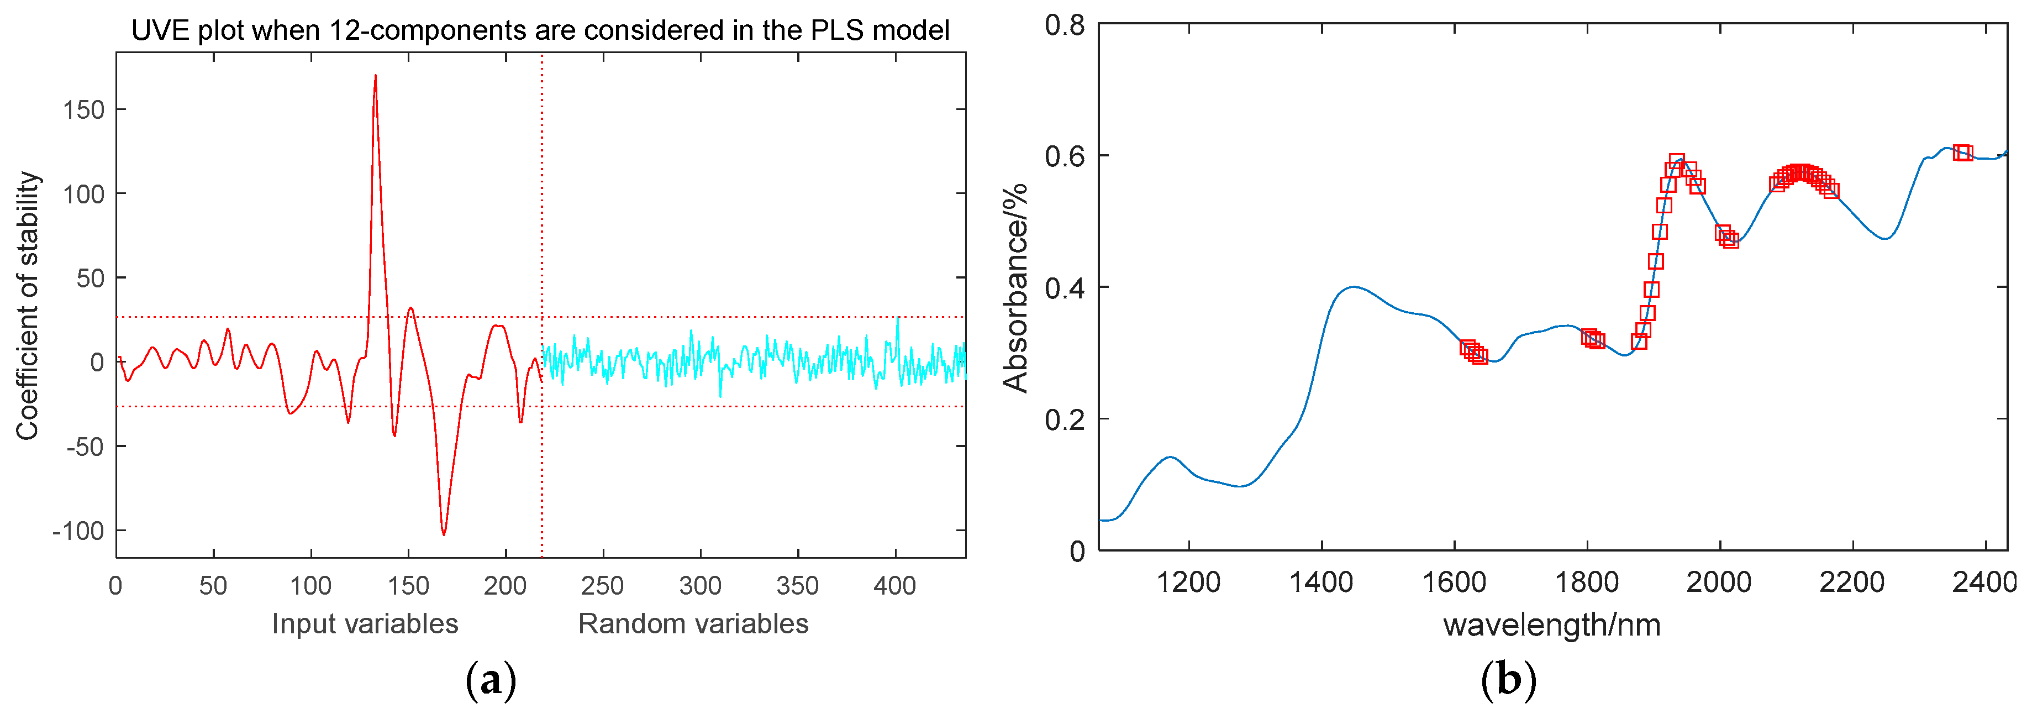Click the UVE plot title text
(x=540, y=30)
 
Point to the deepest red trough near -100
(x=444, y=534)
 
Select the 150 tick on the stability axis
(x=83, y=110)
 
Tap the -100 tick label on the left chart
(x=78, y=532)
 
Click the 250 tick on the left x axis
(x=602, y=586)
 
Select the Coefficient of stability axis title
(x=28, y=306)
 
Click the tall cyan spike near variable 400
(x=897, y=319)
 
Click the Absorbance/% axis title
(x=1015, y=287)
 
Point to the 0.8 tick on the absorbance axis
(x=1064, y=25)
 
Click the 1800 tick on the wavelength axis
(x=1586, y=582)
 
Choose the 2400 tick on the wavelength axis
(x=1984, y=582)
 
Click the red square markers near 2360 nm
(x=1962, y=153)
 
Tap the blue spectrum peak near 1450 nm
(x=1352, y=287)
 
